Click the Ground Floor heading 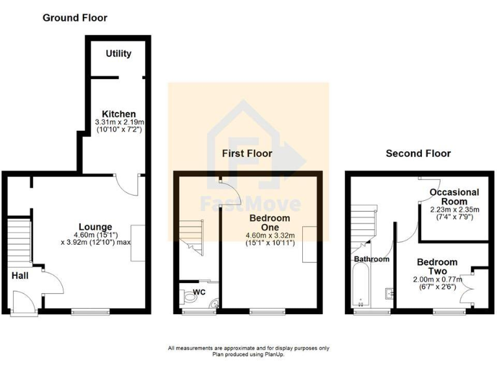(75, 18)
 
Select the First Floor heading (247, 153)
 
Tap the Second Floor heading (418, 153)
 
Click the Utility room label (118, 54)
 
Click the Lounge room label (96, 227)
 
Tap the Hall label (19, 276)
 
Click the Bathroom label (371, 259)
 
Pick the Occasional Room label (454, 197)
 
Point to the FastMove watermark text (250, 204)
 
